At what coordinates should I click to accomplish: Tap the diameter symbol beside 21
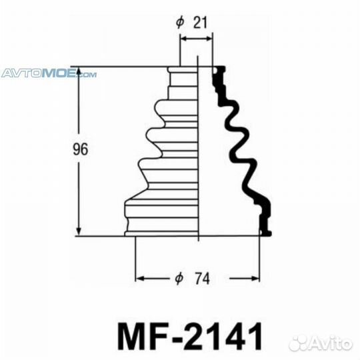[179, 23]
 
